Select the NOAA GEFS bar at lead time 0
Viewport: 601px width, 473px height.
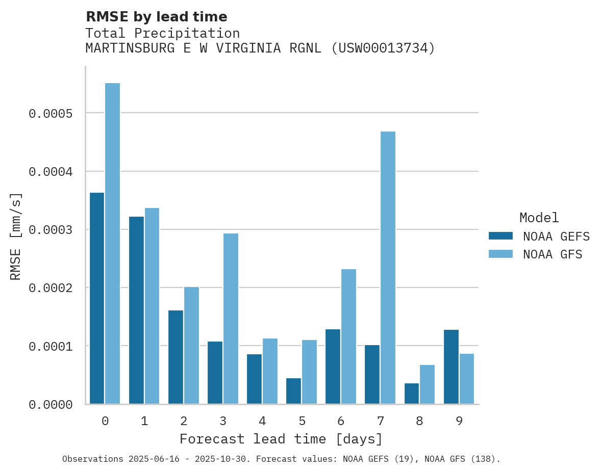(97, 298)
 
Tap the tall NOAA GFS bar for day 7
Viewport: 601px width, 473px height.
(388, 268)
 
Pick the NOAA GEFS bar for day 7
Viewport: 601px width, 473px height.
(372, 375)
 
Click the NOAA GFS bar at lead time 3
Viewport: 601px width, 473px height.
(231, 319)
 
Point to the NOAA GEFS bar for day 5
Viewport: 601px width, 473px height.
(293, 391)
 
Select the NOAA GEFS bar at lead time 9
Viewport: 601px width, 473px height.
(451, 367)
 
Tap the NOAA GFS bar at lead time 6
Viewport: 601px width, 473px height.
(348, 336)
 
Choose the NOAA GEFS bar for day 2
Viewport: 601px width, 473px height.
(176, 357)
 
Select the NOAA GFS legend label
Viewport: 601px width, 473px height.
(553, 254)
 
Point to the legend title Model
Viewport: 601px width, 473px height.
(539, 218)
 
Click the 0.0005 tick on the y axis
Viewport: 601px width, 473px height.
(50, 113)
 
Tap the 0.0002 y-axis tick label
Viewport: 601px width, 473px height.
(50, 288)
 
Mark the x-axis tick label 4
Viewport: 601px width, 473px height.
(262, 421)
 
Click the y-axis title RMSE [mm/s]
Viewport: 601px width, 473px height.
(16, 236)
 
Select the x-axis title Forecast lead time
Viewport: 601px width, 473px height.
(281, 439)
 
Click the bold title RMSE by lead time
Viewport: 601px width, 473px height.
(156, 17)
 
